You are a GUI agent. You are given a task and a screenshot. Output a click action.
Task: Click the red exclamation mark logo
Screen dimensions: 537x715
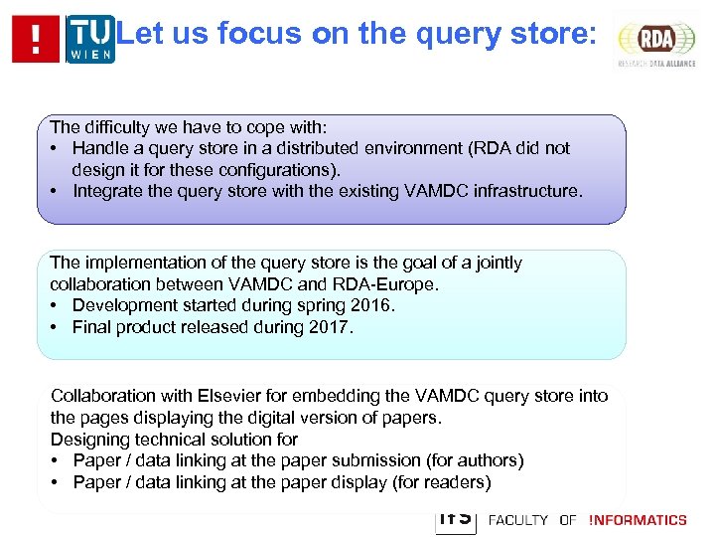pos(36,39)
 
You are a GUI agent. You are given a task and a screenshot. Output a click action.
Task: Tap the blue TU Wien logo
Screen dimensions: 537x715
pos(90,39)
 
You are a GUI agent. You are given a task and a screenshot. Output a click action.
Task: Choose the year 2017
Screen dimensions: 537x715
pos(328,327)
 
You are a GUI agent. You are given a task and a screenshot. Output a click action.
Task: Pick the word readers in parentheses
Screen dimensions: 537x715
pos(454,482)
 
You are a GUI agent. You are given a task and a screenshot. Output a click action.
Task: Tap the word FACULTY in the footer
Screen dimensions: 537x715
pos(517,520)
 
